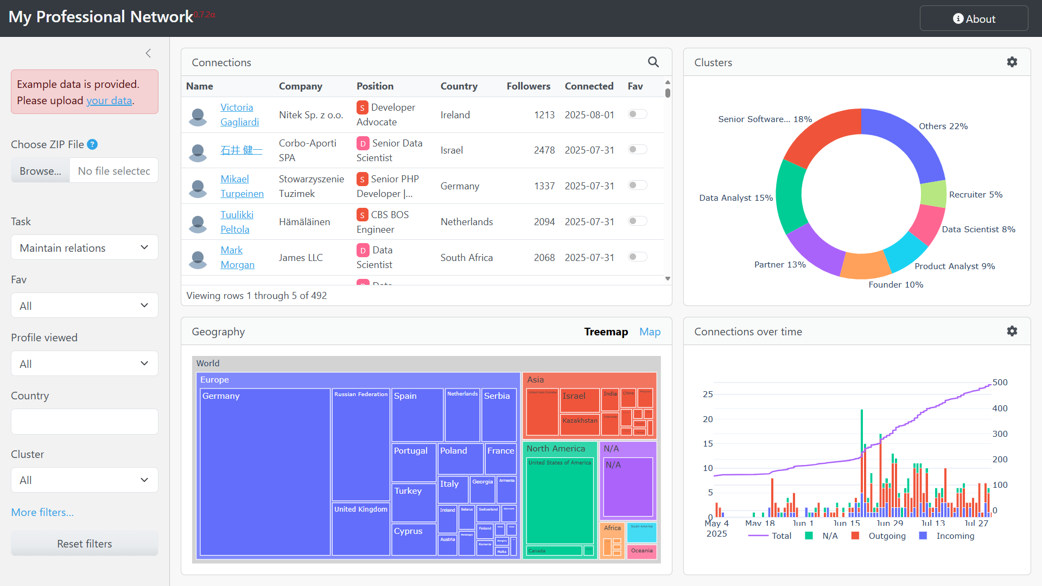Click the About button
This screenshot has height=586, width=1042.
click(974, 19)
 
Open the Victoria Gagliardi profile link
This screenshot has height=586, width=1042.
click(237, 107)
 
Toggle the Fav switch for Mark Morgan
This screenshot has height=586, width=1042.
click(637, 257)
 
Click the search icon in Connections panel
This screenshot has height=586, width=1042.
click(653, 62)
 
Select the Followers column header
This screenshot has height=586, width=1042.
click(528, 86)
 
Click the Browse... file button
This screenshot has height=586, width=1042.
click(41, 171)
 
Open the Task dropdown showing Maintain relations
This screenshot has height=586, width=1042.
click(84, 248)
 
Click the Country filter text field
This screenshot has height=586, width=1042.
click(84, 422)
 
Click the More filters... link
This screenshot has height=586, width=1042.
click(42, 512)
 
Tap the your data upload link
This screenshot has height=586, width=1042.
click(109, 100)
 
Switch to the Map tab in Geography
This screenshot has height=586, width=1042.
click(650, 332)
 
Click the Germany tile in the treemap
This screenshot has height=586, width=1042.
click(265, 472)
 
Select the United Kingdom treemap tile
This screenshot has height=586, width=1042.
click(361, 529)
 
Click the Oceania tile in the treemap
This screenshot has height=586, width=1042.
click(641, 551)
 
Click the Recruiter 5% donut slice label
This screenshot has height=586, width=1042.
click(975, 195)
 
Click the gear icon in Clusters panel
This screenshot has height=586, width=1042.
click(1012, 62)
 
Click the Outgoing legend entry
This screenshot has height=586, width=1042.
click(886, 536)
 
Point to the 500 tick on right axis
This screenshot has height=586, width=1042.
click(1000, 383)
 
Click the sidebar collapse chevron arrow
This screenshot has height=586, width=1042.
click(148, 53)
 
